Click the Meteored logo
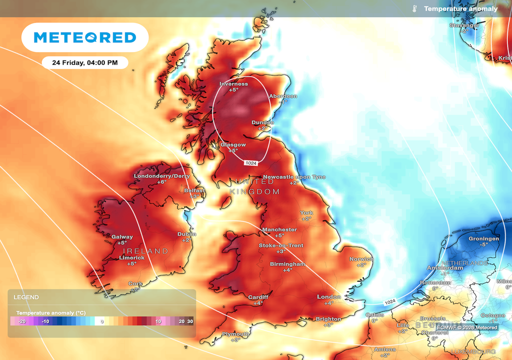[84, 37]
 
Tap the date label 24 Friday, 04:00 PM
[84, 63]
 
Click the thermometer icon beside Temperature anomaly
[414, 9]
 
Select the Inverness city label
[233, 84]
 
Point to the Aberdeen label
[283, 96]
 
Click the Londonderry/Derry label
[161, 176]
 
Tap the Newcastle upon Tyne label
[294, 177]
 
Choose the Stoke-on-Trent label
[280, 245]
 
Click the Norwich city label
[361, 259]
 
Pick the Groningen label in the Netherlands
[483, 239]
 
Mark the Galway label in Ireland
[122, 237]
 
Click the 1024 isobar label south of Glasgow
[251, 163]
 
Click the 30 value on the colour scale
[190, 321]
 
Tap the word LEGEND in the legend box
[26, 297]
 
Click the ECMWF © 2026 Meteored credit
[467, 327]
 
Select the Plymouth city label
[236, 333]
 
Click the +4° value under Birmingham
[287, 270]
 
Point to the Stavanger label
[464, 25]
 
